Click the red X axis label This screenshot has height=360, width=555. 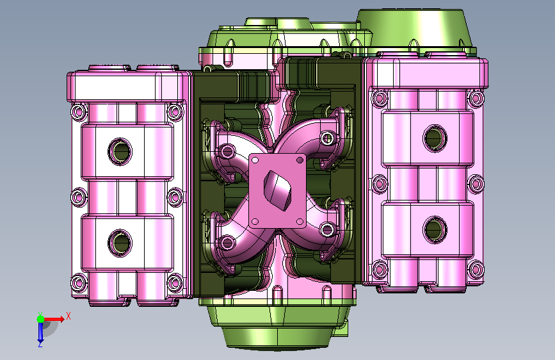pos(68,316)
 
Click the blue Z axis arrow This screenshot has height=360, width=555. pos(40,331)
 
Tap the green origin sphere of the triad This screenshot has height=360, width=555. pos(41,319)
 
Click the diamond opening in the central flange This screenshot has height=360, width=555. pos(278,190)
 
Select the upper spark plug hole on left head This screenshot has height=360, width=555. pos(120,151)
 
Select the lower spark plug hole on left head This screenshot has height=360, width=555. pos(120,242)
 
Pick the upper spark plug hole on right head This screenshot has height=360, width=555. pos(435,138)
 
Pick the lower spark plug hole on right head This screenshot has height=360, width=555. pos(435,229)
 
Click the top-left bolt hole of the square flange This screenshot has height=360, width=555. pos(255,160)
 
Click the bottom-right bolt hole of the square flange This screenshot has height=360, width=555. pos(300,222)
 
